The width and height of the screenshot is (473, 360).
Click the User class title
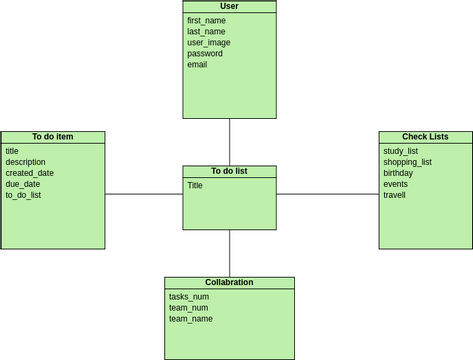pos(229,6)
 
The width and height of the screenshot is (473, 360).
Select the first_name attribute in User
pos(206,20)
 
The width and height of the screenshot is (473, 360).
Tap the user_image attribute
pos(209,42)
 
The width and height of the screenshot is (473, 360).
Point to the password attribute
pos(205,53)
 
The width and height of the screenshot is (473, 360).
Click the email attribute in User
pos(197,64)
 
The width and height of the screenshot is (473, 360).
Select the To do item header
pos(52,137)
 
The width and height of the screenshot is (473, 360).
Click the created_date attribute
pos(30,173)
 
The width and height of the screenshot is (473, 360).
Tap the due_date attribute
pos(23,184)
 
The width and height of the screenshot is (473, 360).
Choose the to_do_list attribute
pos(24,195)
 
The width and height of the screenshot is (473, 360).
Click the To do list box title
pos(229,171)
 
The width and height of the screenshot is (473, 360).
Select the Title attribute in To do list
pos(195,185)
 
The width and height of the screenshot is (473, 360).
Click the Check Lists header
pos(425,137)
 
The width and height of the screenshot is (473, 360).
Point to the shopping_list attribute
pos(407,162)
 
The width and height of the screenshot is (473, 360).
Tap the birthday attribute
pos(398,173)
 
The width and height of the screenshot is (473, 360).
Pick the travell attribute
pos(395,195)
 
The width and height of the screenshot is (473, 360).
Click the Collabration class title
pos(229,282)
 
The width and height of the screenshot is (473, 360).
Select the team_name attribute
pos(191,319)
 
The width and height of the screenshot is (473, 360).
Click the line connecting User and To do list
pos(230,142)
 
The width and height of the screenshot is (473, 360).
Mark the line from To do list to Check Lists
pos(327,194)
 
